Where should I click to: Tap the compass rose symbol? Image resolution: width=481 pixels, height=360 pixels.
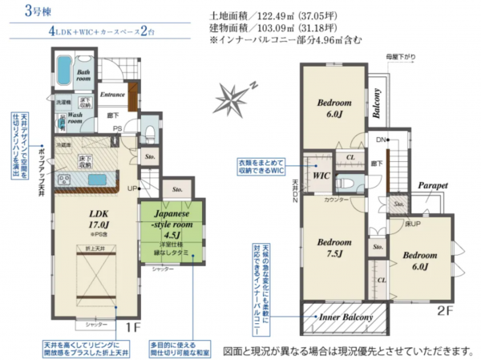click(x=233, y=99)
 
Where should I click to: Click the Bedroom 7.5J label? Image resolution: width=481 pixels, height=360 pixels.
click(x=333, y=248)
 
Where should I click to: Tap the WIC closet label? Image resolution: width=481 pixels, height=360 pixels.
click(x=322, y=174)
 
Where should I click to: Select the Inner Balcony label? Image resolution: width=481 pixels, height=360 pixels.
click(x=346, y=318)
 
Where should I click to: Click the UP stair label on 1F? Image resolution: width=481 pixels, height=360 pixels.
click(x=131, y=189)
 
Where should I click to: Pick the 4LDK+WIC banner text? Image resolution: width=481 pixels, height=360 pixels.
click(x=92, y=33)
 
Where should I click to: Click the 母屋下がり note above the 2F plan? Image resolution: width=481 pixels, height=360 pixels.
click(x=400, y=57)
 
